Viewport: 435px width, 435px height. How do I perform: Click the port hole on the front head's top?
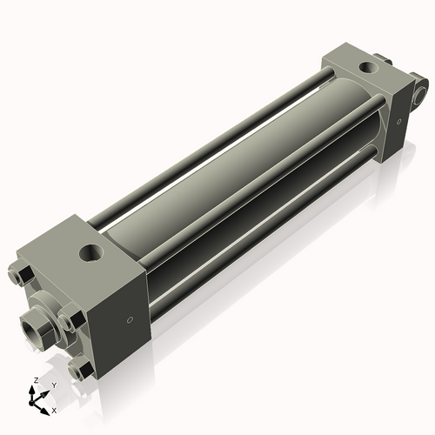click(x=90, y=254)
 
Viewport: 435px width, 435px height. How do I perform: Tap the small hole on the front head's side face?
click(x=130, y=320)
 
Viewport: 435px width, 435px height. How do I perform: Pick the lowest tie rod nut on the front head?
click(x=80, y=370)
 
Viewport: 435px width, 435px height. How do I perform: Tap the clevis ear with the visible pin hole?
click(x=422, y=90)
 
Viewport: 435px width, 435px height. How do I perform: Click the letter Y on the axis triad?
click(x=53, y=385)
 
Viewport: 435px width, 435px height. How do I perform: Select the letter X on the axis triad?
click(x=55, y=409)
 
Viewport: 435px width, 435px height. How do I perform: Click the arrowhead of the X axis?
click(x=47, y=406)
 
